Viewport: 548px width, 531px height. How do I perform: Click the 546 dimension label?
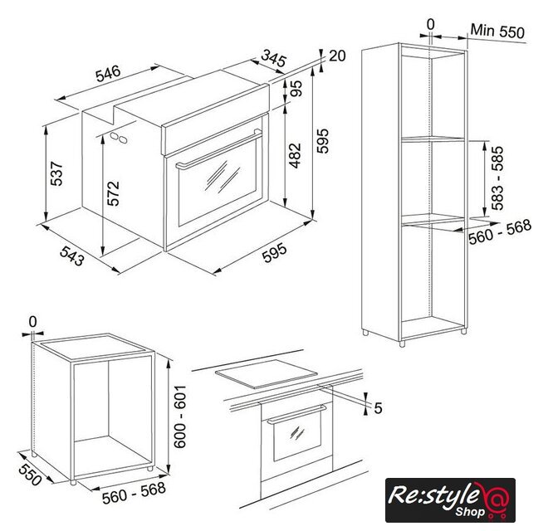(x=108, y=73)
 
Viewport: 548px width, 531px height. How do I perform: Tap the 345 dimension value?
(x=274, y=58)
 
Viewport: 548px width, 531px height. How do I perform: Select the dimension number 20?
(x=337, y=56)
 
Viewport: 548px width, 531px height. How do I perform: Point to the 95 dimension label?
(x=296, y=89)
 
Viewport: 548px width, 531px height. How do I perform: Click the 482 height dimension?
(x=296, y=155)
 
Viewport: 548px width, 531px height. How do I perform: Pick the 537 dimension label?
(x=56, y=173)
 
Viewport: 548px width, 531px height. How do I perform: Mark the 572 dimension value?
(x=113, y=193)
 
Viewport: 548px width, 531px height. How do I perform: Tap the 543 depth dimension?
(x=72, y=256)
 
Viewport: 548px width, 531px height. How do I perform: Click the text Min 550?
(x=497, y=32)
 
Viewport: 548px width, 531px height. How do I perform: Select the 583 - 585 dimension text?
(x=497, y=178)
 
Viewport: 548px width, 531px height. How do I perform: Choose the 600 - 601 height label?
(x=180, y=417)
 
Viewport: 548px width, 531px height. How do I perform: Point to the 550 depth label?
(x=31, y=474)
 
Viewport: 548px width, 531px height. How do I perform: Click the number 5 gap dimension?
(x=378, y=408)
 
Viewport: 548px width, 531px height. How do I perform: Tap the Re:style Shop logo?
(x=450, y=500)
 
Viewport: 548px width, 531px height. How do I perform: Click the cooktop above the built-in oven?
(x=267, y=374)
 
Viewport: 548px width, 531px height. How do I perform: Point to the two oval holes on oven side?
(x=119, y=138)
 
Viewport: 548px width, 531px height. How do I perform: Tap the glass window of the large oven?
(x=220, y=183)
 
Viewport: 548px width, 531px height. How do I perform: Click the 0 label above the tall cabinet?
(x=431, y=24)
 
